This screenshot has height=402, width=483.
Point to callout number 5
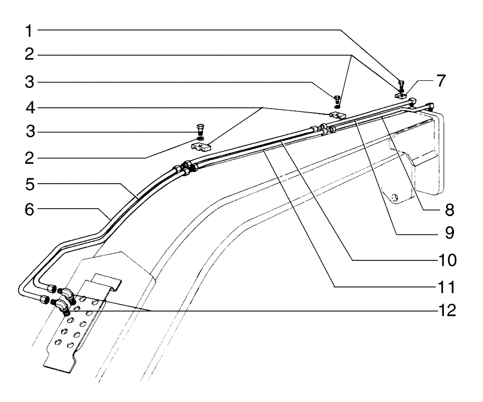30,184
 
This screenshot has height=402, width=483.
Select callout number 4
30,107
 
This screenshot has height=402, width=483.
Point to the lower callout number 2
30,158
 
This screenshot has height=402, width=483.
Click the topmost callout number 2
30,56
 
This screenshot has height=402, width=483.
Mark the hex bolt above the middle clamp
337,99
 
